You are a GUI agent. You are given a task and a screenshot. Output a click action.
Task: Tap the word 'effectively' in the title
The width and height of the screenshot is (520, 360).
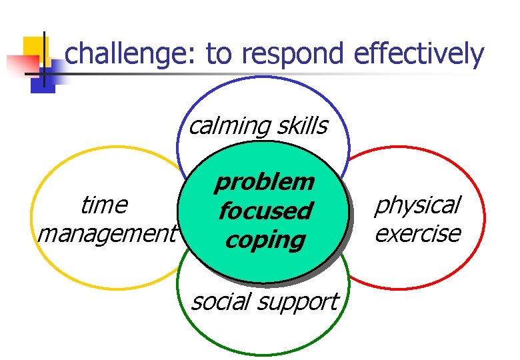(x=418, y=54)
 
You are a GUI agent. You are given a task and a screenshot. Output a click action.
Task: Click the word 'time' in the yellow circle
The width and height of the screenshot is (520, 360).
(x=103, y=205)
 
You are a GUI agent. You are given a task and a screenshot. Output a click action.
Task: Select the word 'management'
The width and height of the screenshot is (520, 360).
(x=107, y=234)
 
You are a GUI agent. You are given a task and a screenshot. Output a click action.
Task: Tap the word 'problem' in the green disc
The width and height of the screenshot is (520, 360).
(x=264, y=181)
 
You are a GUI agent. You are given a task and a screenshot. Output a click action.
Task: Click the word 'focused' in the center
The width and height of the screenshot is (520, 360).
(x=265, y=211)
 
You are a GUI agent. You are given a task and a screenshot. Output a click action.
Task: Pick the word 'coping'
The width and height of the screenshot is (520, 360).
(x=265, y=240)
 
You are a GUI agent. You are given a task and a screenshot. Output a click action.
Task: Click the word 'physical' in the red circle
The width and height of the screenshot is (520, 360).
(x=417, y=205)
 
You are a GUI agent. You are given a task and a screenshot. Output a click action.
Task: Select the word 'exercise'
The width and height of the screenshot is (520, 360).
(x=417, y=234)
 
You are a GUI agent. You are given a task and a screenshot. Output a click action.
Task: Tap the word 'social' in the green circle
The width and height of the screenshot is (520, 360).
(x=220, y=302)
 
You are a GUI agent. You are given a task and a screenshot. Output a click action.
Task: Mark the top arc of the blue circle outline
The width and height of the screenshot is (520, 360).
(x=263, y=77)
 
